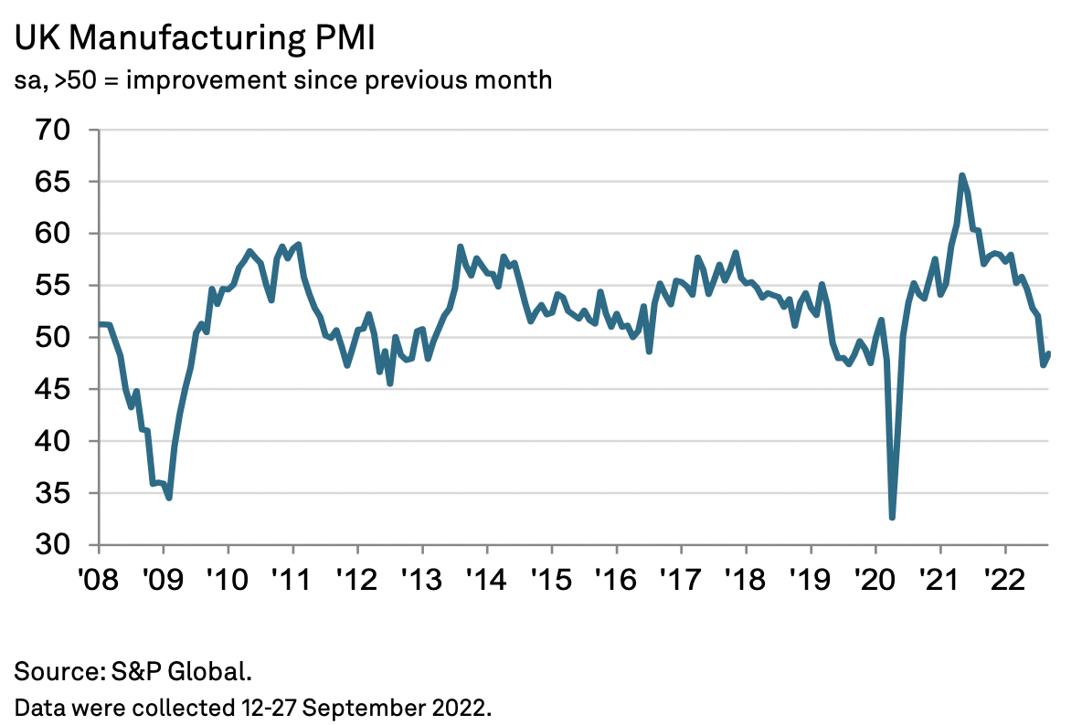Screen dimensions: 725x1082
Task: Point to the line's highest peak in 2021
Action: [x=962, y=175]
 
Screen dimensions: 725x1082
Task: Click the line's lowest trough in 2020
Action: [x=892, y=518]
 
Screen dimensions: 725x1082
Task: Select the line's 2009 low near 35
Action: [x=169, y=498]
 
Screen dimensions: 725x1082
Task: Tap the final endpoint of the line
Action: [x=1049, y=353]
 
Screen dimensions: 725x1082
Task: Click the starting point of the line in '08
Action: [x=99, y=324]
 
